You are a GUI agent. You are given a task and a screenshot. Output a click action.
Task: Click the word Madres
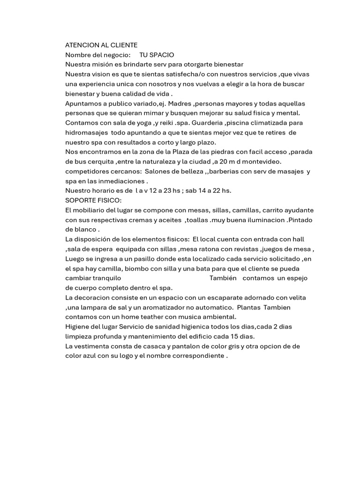(x=180, y=103)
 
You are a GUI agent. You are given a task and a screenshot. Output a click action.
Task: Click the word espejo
(x=298, y=278)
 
